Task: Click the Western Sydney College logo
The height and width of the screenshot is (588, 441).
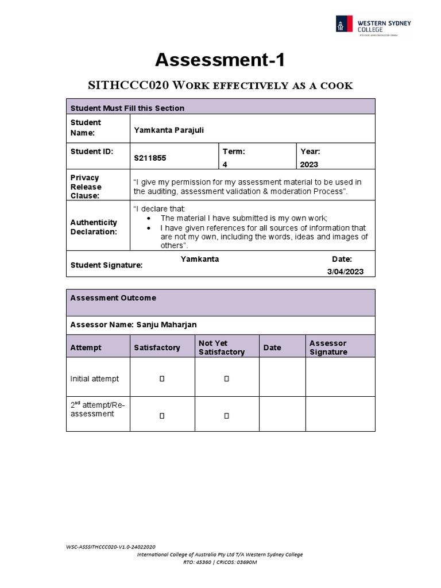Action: [373, 25]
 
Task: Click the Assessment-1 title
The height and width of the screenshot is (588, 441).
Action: [220, 60]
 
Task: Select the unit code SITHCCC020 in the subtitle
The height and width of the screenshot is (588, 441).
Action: [128, 86]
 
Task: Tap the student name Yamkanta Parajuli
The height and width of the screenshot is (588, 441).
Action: [169, 130]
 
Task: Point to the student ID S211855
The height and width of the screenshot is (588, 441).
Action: [150, 157]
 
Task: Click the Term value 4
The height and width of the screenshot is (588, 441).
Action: [225, 164]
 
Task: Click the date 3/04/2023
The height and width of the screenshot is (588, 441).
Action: [345, 272]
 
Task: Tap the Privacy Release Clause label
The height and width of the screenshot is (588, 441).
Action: [86, 187]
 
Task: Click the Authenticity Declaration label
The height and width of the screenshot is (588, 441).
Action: [94, 227]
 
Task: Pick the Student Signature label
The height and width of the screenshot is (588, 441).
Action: [106, 265]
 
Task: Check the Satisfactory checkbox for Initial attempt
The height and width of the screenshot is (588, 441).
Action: [162, 379]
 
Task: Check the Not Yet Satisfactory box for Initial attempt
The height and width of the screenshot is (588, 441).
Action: [227, 379]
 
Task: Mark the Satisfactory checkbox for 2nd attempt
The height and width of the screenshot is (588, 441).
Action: [162, 415]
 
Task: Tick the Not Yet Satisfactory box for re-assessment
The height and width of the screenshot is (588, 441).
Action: [227, 415]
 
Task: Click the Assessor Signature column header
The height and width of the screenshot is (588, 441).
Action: [328, 347]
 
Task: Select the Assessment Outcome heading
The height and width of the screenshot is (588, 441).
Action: [113, 298]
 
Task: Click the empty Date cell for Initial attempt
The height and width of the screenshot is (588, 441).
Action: [282, 377]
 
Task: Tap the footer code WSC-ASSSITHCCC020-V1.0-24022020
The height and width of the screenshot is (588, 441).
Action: [111, 547]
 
